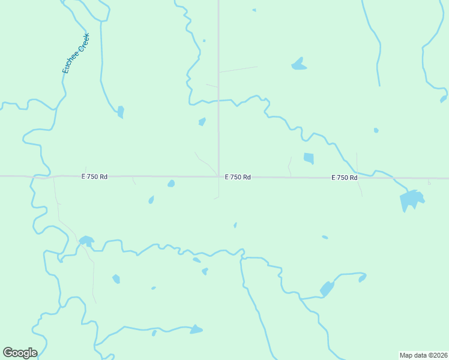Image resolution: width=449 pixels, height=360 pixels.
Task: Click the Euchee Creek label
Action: click(76, 53)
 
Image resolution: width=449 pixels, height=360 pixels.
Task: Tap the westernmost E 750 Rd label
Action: click(95, 176)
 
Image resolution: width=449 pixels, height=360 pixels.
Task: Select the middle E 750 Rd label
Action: click(238, 177)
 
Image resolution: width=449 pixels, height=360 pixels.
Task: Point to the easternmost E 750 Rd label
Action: click(345, 178)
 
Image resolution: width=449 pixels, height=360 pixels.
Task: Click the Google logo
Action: click(20, 353)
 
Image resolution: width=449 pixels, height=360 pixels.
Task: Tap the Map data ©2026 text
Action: click(423, 355)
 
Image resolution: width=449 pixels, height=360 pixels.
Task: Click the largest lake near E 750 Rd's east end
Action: click(411, 199)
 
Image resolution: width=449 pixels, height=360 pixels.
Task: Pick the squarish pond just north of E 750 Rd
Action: click(309, 158)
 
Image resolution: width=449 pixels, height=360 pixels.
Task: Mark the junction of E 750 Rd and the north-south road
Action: click(218, 177)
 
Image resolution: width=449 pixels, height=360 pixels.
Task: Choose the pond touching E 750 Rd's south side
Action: click(171, 184)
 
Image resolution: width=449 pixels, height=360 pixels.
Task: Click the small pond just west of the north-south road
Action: click(202, 122)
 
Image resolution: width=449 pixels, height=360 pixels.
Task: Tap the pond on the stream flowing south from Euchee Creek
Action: click(121, 112)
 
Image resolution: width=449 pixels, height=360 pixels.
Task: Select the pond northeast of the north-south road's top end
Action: click(298, 64)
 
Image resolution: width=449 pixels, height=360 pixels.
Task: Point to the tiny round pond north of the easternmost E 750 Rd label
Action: click(376, 130)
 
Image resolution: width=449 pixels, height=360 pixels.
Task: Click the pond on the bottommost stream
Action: click(196, 329)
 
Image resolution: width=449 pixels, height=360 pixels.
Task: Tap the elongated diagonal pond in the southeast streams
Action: click(327, 289)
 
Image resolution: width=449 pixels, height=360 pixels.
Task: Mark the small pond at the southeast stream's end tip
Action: click(362, 278)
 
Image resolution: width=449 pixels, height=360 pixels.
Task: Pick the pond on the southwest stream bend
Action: click(86, 241)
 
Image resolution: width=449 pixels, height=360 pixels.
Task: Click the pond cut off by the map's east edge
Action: click(444, 99)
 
